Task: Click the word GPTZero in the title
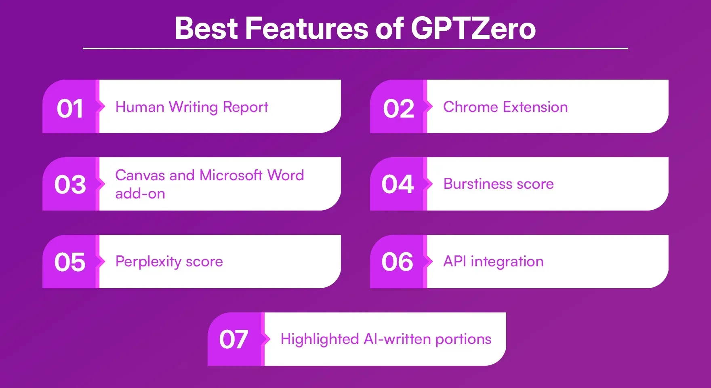click(473, 28)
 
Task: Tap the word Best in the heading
click(206, 28)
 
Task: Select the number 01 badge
click(70, 109)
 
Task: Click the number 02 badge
click(398, 109)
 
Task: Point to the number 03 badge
click(70, 185)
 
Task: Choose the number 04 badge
click(398, 184)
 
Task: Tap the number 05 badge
click(70, 262)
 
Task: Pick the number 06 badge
click(397, 262)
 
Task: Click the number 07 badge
click(233, 339)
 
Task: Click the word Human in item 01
click(140, 107)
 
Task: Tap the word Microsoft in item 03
click(231, 175)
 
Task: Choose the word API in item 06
click(455, 261)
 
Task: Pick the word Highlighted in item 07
click(320, 339)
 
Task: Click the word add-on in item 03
click(140, 194)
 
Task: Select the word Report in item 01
click(246, 107)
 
